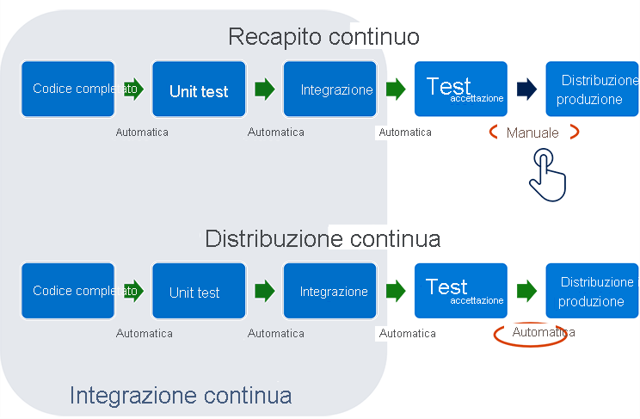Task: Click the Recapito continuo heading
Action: tap(323, 37)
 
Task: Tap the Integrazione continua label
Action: tap(181, 395)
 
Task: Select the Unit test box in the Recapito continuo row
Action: tap(199, 89)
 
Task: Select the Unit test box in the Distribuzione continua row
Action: tap(199, 292)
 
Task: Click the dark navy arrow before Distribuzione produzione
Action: tap(526, 89)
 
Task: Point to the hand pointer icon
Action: tap(547, 175)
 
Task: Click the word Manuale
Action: tap(532, 133)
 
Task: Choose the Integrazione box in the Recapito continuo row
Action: tap(329, 89)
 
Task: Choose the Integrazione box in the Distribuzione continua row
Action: tap(329, 292)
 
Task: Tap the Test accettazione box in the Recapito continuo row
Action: tap(460, 89)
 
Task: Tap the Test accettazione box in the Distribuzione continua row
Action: tap(460, 292)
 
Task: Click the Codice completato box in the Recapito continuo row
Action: tap(68, 89)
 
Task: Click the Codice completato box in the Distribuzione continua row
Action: tap(68, 292)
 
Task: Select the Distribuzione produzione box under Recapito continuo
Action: tap(592, 89)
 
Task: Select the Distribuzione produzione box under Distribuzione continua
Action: tap(592, 292)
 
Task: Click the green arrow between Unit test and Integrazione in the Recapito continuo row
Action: tap(264, 89)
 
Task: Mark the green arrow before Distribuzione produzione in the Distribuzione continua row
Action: tap(526, 291)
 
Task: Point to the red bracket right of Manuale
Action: tap(573, 132)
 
